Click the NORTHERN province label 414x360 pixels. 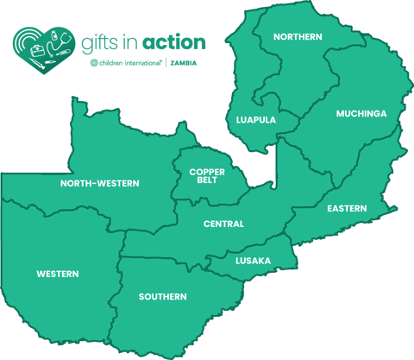(298, 37)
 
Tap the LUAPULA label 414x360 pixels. (256, 120)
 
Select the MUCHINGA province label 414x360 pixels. (361, 114)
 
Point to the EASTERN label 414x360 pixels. (347, 209)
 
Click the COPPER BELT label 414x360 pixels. (207, 176)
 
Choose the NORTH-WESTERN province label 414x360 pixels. (99, 184)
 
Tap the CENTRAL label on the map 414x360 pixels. (223, 224)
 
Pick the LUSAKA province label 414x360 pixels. (253, 261)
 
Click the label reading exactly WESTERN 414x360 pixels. (58, 275)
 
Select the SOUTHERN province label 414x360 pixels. (162, 297)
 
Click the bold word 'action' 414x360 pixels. (174, 41)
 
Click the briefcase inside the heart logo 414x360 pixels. (37, 51)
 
